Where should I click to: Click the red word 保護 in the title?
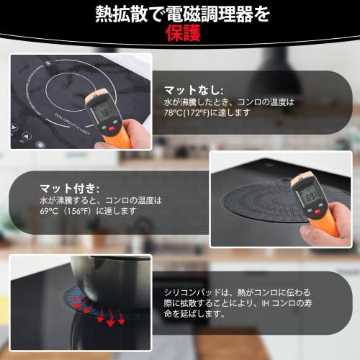pyautogui.click(x=180, y=34)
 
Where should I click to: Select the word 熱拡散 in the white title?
pyautogui.click(x=120, y=12)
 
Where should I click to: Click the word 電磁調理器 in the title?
pyautogui.click(x=210, y=12)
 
